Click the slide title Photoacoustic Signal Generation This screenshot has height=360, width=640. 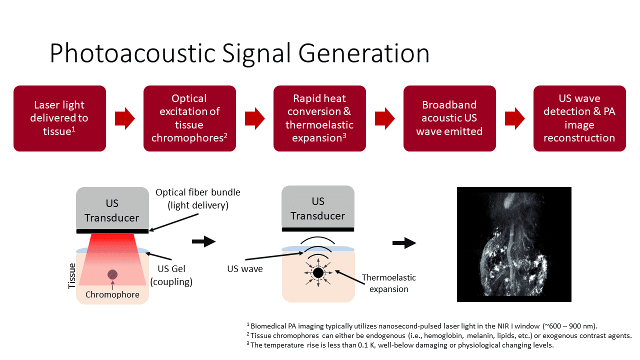239,53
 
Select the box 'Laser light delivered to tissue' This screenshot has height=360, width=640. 59,118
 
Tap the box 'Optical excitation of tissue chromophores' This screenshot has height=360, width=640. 189,118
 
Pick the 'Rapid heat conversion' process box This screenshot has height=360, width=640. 319,118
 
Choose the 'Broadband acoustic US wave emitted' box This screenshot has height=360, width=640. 449,118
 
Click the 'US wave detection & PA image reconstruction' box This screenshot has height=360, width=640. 579,118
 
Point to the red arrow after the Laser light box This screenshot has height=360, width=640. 124,118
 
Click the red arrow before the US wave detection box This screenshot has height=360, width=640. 514,118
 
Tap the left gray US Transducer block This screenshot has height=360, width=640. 112,208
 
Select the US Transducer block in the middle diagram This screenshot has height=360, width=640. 318,207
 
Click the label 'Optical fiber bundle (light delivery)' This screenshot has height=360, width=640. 198,198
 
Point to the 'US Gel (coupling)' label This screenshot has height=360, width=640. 171,275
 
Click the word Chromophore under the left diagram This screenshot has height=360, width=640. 112,294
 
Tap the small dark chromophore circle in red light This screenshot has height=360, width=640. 112,274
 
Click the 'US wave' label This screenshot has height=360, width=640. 244,269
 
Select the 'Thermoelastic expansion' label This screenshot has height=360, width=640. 388,283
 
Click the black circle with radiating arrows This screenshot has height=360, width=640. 317,272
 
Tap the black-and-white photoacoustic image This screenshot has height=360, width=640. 514,244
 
